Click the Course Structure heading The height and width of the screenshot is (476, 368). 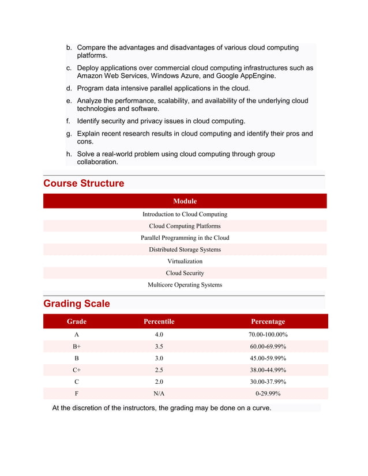click(84, 183)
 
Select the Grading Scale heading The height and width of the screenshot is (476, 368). click(76, 303)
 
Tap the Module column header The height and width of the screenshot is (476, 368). click(185, 201)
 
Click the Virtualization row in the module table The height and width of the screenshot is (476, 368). click(185, 261)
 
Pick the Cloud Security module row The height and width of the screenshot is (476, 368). click(185, 273)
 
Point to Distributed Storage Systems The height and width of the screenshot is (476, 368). click(185, 250)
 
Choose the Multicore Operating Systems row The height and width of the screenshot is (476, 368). click(185, 285)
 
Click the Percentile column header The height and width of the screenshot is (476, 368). click(159, 322)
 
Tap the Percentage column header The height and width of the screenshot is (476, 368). click(268, 322)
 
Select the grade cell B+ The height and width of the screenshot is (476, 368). click(77, 346)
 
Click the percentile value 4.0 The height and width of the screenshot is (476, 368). click(159, 334)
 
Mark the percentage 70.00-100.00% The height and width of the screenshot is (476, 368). click(268, 334)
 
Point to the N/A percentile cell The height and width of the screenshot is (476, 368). click(159, 394)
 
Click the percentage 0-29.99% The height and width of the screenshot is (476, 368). click(268, 394)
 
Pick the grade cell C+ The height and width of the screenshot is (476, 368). click(77, 370)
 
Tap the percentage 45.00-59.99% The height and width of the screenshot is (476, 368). click(268, 358)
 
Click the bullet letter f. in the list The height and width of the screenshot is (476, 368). click(68, 121)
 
